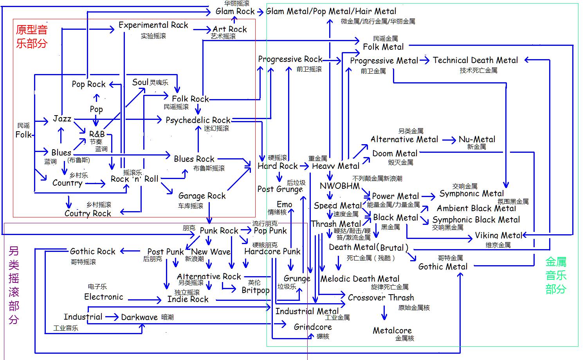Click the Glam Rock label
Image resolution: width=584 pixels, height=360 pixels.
235,11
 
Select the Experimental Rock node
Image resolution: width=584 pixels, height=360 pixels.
153,25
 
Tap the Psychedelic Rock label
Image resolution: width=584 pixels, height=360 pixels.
198,120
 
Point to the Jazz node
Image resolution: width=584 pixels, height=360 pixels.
62,119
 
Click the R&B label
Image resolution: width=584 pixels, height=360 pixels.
97,134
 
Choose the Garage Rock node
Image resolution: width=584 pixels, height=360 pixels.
202,195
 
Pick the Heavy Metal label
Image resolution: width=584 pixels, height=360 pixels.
335,166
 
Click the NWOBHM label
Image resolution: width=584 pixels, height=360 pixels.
339,186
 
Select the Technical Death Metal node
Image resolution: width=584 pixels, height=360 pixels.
475,60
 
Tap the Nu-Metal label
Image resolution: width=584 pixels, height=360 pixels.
477,139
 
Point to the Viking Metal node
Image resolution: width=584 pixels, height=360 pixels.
498,235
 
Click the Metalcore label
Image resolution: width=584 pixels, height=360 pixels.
392,330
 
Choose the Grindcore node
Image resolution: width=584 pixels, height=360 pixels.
313,327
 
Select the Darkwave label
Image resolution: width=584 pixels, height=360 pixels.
139,317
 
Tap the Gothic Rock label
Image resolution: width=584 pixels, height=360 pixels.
93,251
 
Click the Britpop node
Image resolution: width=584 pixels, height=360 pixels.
255,290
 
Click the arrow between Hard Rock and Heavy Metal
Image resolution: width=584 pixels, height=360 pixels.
304,166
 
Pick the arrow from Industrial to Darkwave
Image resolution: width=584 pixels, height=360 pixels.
112,317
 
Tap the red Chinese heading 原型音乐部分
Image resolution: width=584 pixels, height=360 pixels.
32,36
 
